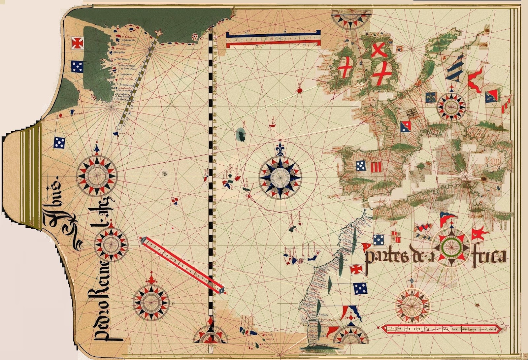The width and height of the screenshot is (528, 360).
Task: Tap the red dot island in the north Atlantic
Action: pos(300,90)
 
